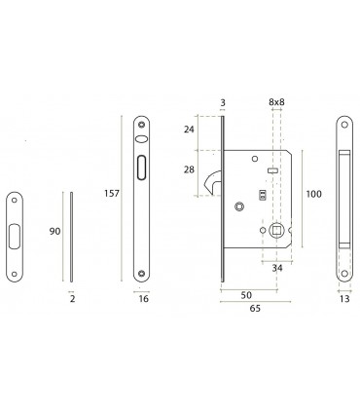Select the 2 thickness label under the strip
(73, 301)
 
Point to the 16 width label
(142, 301)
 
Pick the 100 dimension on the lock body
(313, 195)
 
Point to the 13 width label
(346, 301)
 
